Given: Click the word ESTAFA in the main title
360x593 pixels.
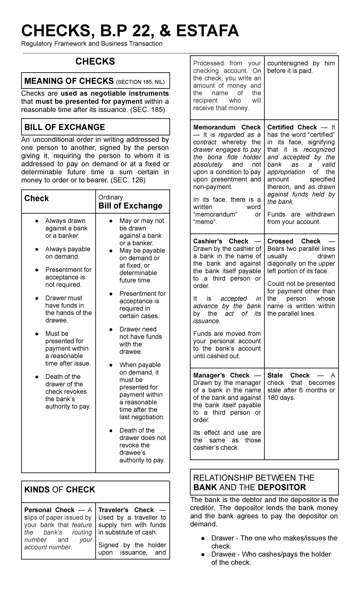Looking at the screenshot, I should [207, 31].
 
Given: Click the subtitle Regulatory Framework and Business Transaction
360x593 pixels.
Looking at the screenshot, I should [91, 44].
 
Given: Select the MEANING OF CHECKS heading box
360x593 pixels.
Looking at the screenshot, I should [95, 81].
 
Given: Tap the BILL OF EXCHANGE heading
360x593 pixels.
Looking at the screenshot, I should [64, 127].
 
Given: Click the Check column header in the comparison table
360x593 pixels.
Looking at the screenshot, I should [36, 198].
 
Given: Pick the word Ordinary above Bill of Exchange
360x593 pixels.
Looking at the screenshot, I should [110, 197].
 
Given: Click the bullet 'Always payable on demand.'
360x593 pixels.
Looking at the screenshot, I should [67, 253].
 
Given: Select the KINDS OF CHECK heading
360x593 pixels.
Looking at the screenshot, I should [59, 489].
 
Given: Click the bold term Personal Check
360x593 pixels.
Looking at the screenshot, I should [49, 510].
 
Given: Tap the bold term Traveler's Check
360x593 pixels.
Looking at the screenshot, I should [126, 510].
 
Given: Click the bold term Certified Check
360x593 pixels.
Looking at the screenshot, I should [292, 127].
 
